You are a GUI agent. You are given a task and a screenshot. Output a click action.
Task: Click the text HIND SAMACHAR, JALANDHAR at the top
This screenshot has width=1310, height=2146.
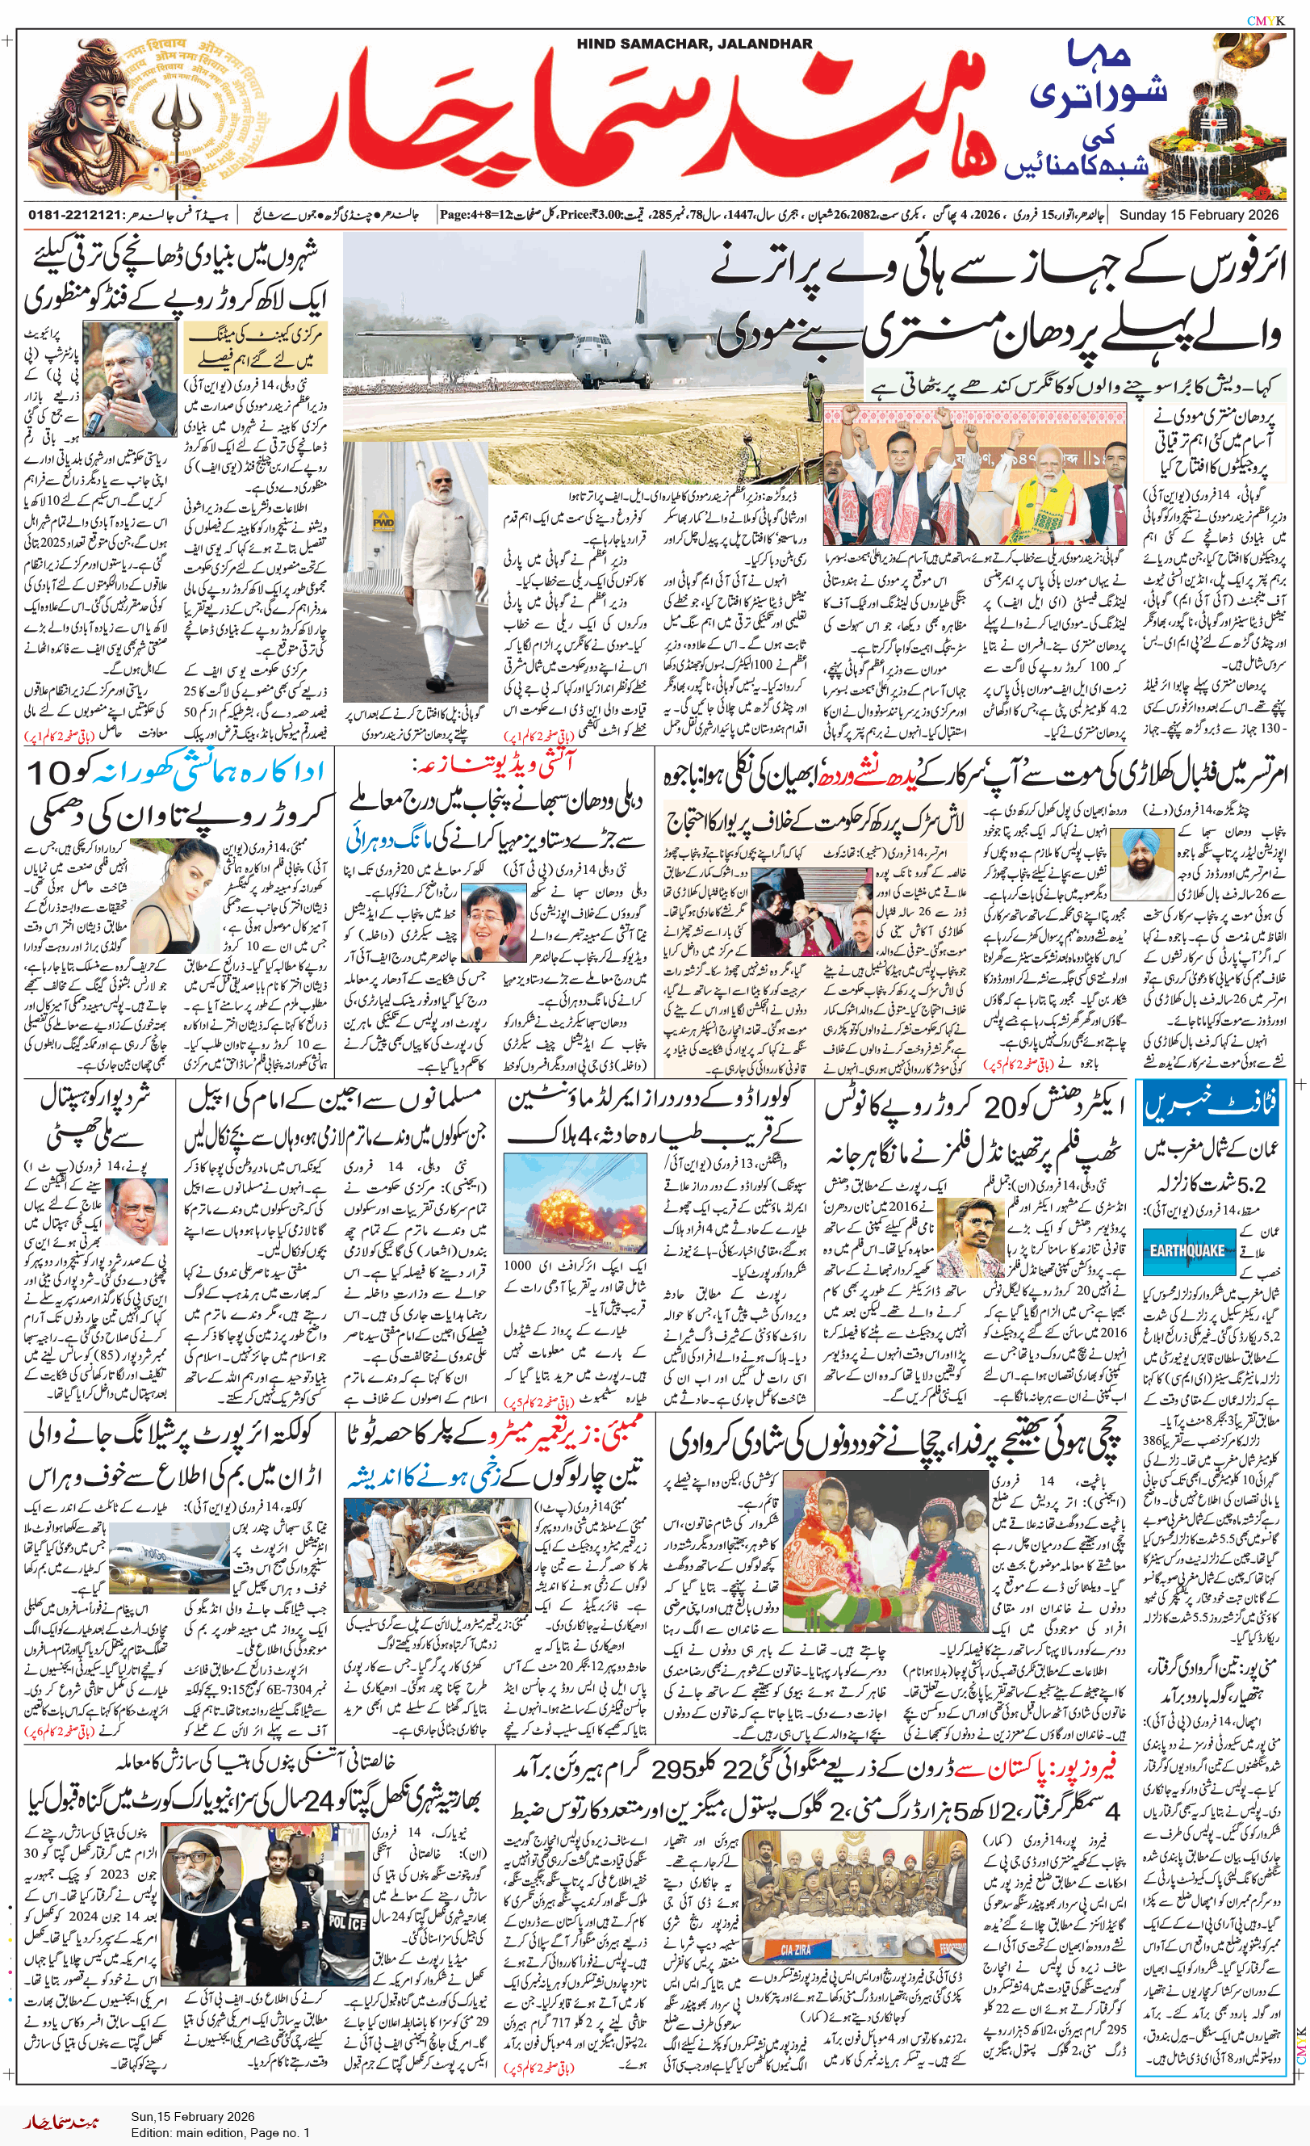pos(693,44)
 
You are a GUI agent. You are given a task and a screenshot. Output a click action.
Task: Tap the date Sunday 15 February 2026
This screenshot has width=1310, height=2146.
pos(1199,214)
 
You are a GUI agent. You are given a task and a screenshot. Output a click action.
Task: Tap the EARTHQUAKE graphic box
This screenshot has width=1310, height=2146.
pos(1186,1250)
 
